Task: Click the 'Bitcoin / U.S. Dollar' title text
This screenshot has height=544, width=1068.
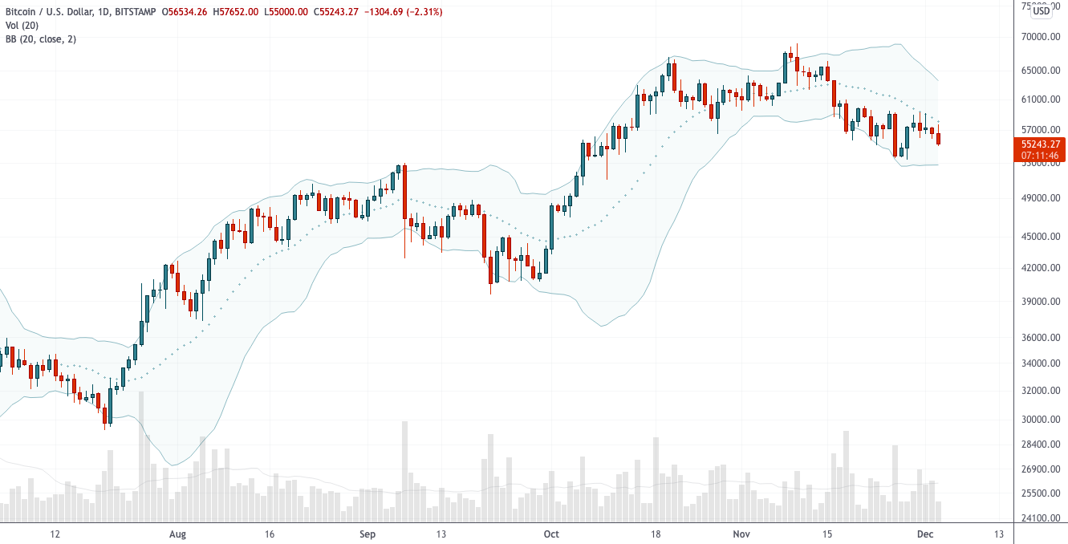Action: (50, 12)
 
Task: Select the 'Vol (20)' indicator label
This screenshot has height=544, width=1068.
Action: (22, 26)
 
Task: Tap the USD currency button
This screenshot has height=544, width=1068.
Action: (1041, 10)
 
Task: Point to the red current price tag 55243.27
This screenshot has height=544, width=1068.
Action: (1040, 144)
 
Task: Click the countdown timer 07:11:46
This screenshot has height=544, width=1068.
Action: (1040, 155)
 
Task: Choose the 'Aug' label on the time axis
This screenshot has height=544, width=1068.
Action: (178, 534)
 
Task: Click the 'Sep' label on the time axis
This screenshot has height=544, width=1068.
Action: (368, 534)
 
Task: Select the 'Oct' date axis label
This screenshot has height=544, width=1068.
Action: (550, 534)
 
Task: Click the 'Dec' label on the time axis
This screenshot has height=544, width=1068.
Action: (925, 534)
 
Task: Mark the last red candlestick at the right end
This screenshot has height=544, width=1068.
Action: (939, 139)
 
